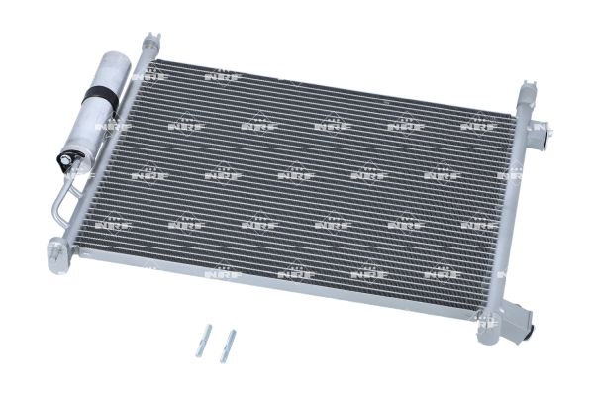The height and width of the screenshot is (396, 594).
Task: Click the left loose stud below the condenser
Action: [x=203, y=341]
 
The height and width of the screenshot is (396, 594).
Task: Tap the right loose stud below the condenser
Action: [x=228, y=346]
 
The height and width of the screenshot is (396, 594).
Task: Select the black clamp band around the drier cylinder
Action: [x=103, y=95]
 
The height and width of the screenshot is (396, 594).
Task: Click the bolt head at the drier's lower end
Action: [x=66, y=161]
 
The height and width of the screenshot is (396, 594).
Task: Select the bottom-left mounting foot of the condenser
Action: [x=59, y=254]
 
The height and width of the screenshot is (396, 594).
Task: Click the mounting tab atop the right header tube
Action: [x=528, y=90]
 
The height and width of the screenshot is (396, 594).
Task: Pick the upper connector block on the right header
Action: [x=538, y=136]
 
